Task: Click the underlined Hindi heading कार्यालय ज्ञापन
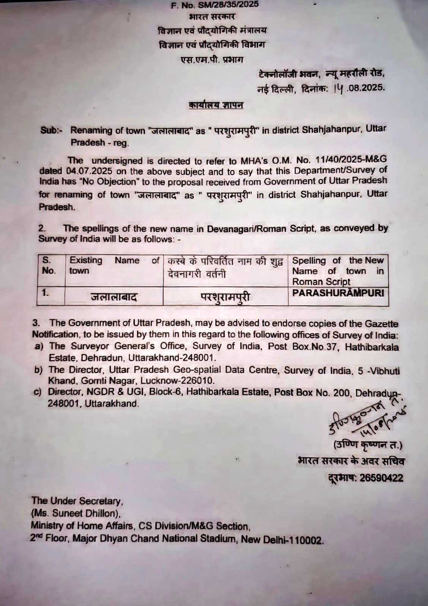(216, 105)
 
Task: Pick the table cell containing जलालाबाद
(113, 297)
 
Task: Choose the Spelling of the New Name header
(338, 271)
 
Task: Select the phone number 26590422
(381, 478)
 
